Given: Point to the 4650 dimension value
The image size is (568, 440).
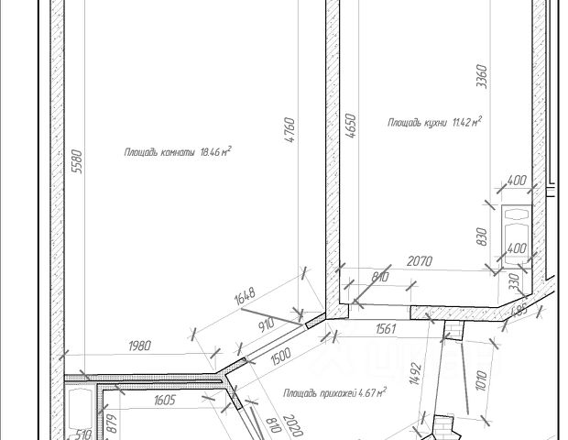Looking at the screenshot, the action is pos(349,126).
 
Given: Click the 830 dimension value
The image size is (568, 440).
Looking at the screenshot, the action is pos(481,235).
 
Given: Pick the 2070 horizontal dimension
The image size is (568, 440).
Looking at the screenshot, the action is pos(420,261).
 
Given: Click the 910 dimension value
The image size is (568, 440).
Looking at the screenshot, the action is pos(268,324).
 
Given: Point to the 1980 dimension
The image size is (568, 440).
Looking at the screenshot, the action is pos(139,346).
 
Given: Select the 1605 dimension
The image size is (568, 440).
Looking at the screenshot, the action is pos(163,401).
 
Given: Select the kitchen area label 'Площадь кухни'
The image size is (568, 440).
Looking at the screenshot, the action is pos(434,121).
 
